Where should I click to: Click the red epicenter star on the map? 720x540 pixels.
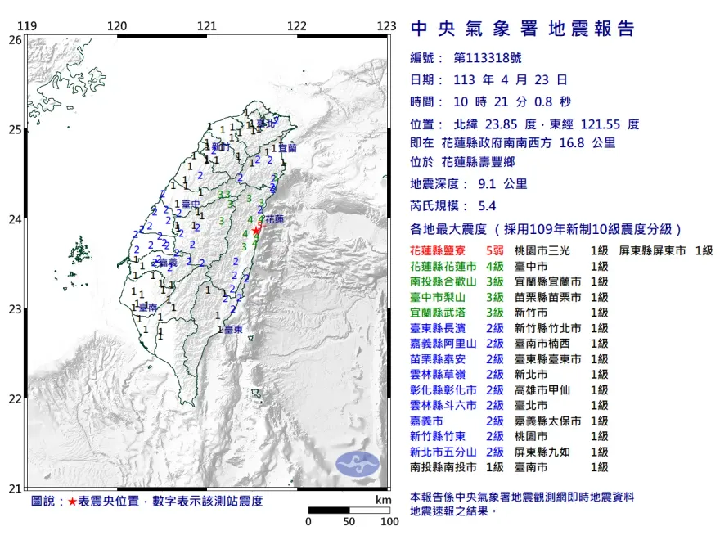coord(256,231)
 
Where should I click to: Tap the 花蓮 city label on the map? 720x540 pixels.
coord(275,219)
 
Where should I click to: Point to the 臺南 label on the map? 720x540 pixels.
coord(148,307)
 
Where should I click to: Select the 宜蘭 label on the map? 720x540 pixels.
coord(288,148)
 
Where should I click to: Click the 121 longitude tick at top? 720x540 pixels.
coord(207,26)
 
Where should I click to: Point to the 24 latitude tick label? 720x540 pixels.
coord(15,219)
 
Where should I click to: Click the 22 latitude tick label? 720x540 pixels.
coord(15,399)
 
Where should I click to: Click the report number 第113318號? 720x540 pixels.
coord(487,58)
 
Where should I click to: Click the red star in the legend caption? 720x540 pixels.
coord(72,501)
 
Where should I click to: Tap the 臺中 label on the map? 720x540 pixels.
coord(191,204)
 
